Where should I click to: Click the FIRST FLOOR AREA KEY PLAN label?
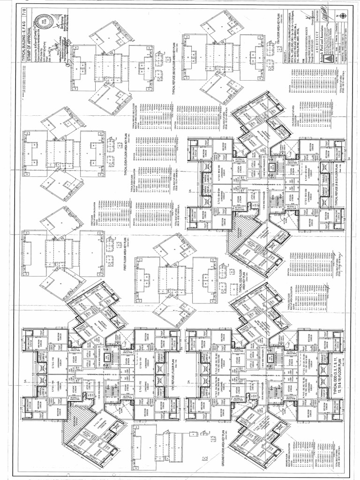point(126,255)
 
